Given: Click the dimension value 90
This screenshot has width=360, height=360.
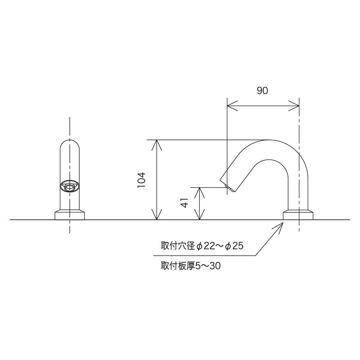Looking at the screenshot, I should pyautogui.click(x=262, y=91).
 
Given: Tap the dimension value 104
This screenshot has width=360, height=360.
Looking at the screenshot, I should pyautogui.click(x=141, y=180).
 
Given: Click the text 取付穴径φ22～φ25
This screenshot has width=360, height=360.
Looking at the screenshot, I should pyautogui.click(x=202, y=246).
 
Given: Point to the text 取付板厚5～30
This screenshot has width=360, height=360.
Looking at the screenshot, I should pyautogui.click(x=190, y=266).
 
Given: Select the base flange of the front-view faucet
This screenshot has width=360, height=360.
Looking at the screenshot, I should pyautogui.click(x=70, y=215).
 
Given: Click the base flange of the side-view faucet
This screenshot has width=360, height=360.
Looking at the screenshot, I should pyautogui.click(x=298, y=215).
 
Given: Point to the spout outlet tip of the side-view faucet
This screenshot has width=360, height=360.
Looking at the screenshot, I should pyautogui.click(x=228, y=187).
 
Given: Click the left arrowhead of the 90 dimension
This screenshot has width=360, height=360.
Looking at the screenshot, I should pyautogui.click(x=231, y=107).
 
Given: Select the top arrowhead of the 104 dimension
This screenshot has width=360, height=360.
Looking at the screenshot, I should pyautogui.click(x=157, y=144).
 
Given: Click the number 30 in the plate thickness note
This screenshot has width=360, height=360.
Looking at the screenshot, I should pyautogui.click(x=216, y=266).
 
